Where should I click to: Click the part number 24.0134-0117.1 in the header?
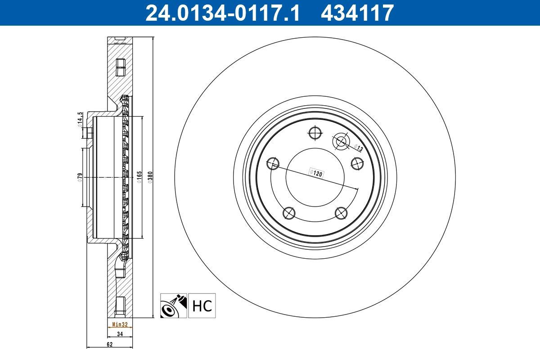(x=222, y=13)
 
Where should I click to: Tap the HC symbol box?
(x=202, y=306)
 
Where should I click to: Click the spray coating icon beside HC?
(x=174, y=306)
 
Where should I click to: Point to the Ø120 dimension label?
(x=316, y=173)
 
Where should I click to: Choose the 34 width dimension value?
(x=120, y=334)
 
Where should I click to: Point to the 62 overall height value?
(x=109, y=344)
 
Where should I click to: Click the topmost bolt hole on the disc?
(x=315, y=133)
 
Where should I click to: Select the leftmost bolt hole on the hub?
(x=273, y=163)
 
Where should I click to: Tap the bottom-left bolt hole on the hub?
(x=288, y=213)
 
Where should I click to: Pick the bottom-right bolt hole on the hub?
(x=341, y=213)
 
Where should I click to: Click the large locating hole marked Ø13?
(x=341, y=142)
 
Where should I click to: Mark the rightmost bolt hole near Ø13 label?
(x=357, y=163)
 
